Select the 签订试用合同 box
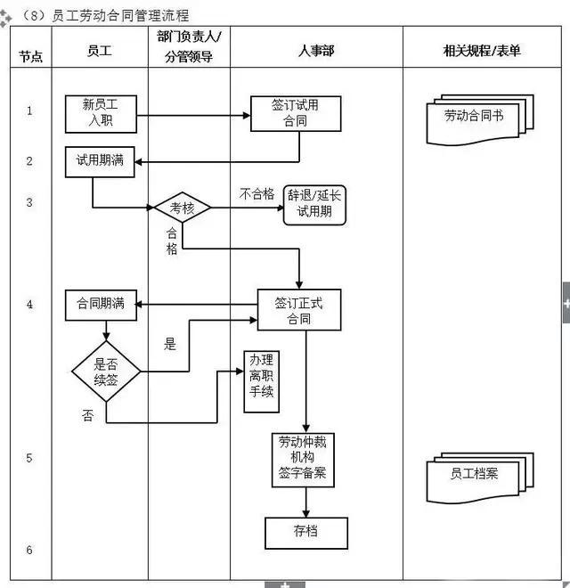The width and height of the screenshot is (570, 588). (295, 113)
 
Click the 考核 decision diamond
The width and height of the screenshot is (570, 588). (183, 208)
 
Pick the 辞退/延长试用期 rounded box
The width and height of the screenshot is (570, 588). (314, 206)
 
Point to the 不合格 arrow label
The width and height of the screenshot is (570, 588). (256, 193)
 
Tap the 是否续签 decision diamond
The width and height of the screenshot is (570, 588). (106, 371)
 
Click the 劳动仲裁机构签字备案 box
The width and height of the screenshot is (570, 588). (302, 459)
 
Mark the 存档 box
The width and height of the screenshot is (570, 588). (305, 533)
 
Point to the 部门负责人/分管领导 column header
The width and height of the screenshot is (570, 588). (189, 46)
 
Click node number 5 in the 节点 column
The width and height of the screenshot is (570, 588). (29, 458)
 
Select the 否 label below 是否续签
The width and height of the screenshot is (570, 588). (87, 416)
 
